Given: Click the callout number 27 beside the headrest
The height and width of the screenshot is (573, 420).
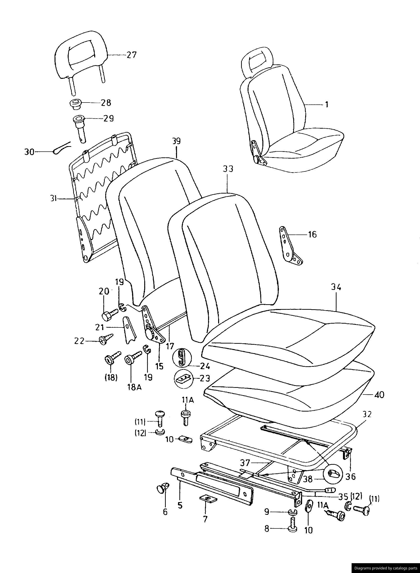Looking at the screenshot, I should click(132, 55).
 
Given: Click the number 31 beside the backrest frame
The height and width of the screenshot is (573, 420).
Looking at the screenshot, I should click(53, 198).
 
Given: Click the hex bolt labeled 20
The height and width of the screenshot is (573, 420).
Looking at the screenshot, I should click(109, 314).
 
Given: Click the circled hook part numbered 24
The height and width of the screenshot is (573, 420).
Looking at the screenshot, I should click(182, 357).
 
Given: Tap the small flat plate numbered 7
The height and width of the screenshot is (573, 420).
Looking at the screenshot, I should click(208, 498).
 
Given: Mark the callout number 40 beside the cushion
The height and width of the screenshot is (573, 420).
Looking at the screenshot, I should click(379, 395).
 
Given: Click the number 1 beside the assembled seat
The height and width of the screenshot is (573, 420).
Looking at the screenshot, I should click(327, 104).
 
